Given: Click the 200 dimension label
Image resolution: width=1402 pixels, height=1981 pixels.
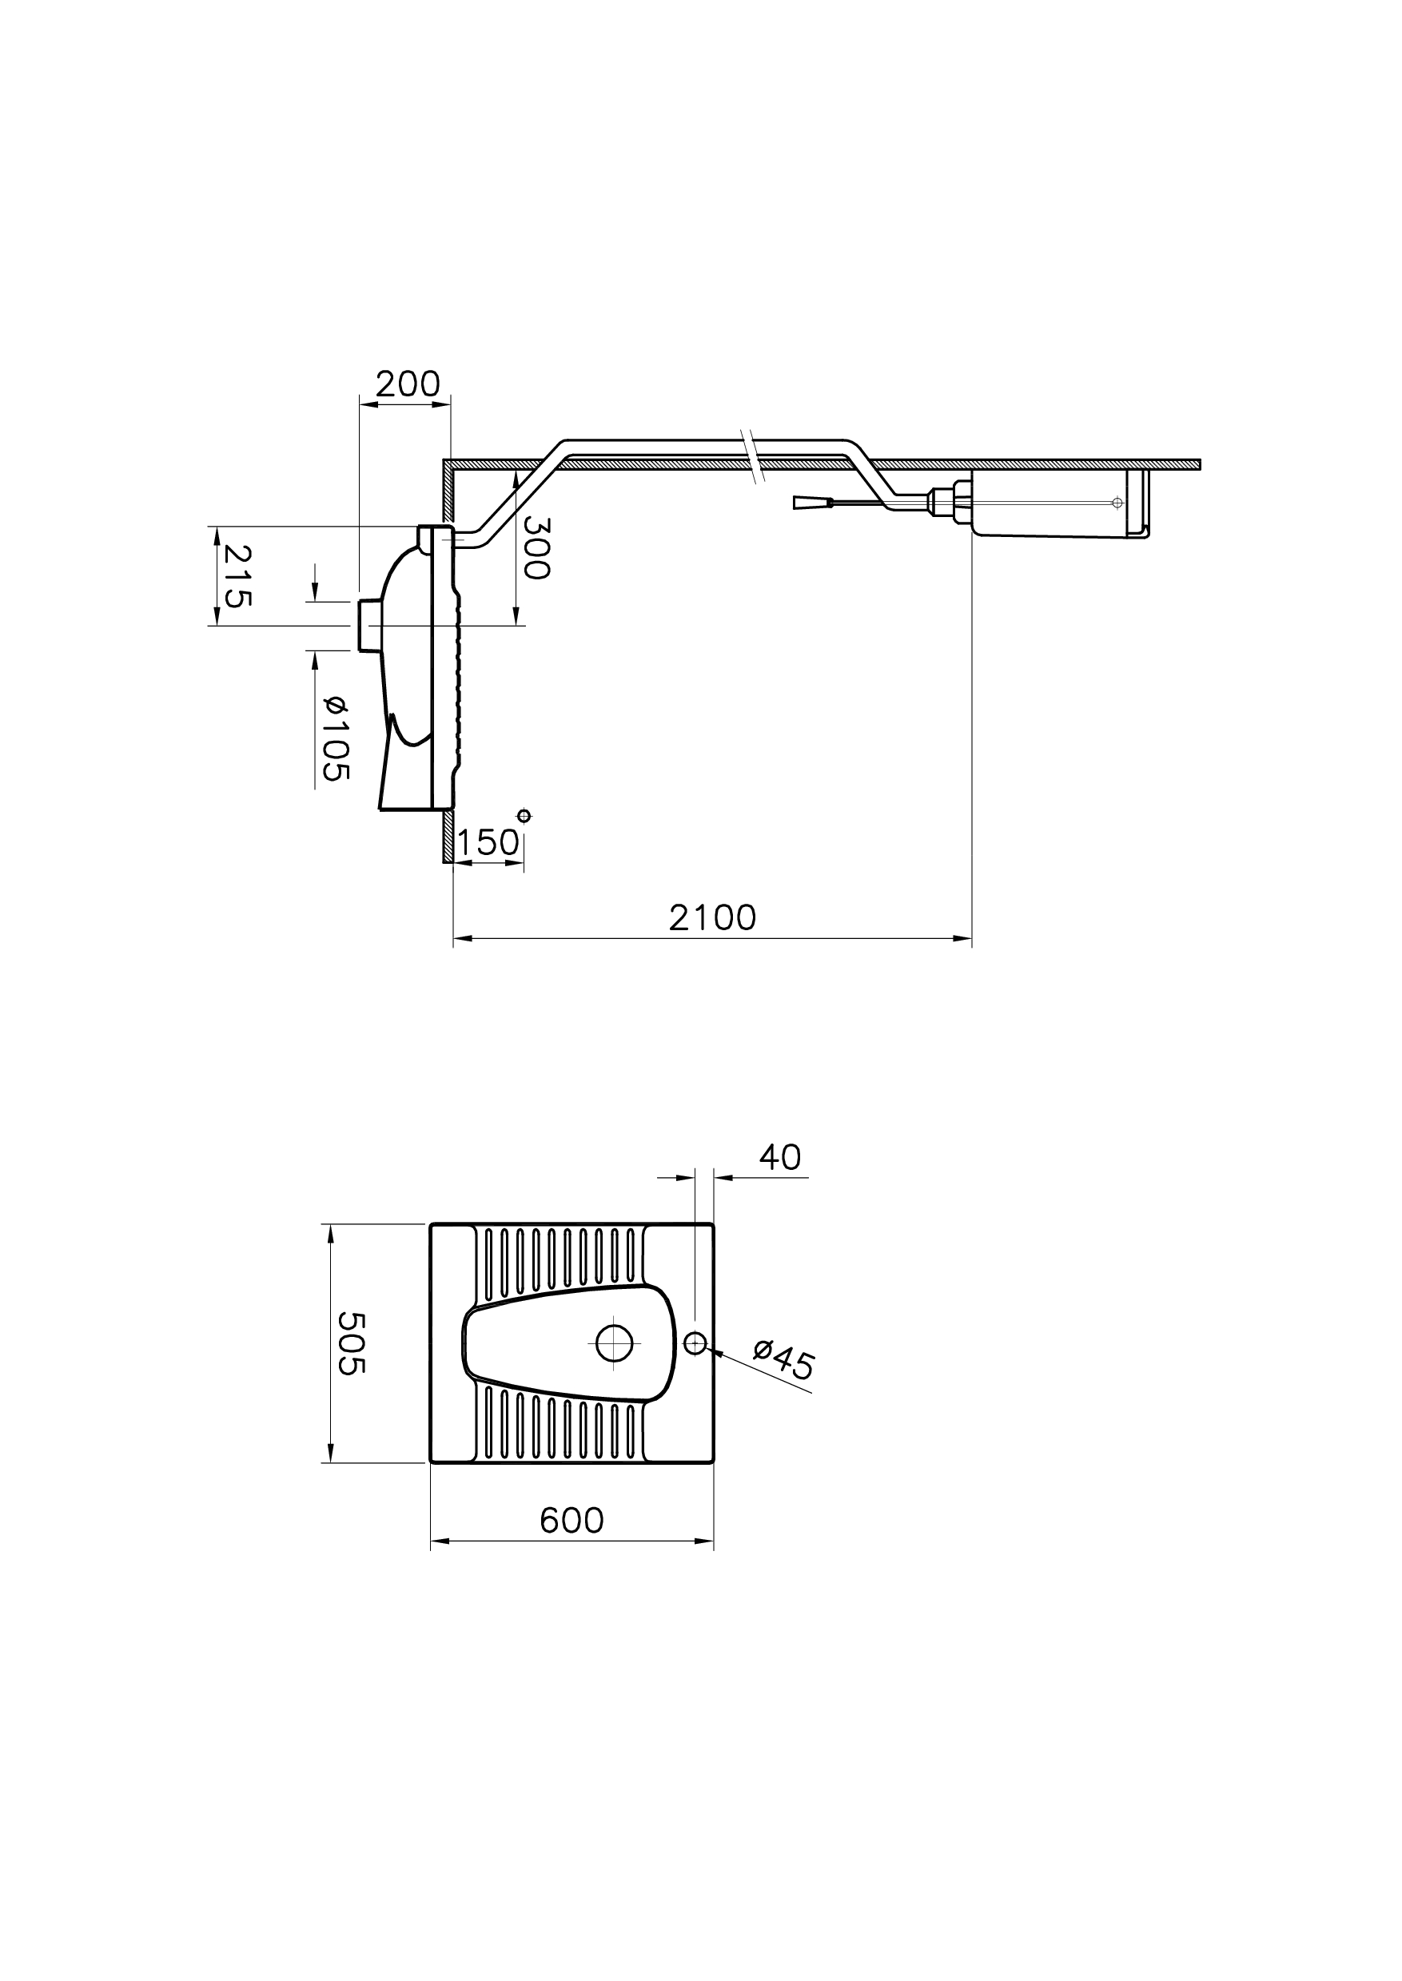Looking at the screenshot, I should [x=408, y=384].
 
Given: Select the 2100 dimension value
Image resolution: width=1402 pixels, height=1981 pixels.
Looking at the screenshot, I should [x=712, y=918].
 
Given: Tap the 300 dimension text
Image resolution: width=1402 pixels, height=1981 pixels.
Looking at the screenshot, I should [x=536, y=548].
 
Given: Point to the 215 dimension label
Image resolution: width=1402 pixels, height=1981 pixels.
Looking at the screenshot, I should [x=234, y=575].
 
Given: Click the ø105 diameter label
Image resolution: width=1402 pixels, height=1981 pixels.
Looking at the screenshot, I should [x=335, y=738].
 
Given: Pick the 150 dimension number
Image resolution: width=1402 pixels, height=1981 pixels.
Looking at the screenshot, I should [x=488, y=843].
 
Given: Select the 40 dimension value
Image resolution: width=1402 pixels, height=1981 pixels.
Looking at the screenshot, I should [x=779, y=1158].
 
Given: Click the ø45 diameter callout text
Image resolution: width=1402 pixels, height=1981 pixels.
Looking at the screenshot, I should [x=784, y=1361].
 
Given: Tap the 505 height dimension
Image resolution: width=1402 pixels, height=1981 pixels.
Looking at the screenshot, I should [x=352, y=1343].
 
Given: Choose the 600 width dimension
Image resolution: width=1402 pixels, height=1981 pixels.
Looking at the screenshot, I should [x=572, y=1520].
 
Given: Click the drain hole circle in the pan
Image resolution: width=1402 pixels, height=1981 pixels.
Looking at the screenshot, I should [x=614, y=1343].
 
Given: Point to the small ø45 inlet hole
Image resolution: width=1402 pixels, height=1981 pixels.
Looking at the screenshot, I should [x=695, y=1343].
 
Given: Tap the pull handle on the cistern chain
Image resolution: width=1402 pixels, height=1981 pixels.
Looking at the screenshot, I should [x=811, y=503].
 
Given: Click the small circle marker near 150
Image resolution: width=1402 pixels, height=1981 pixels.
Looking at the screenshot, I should [x=524, y=816].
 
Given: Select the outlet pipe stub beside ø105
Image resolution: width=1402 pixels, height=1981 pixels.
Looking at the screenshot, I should [x=368, y=625].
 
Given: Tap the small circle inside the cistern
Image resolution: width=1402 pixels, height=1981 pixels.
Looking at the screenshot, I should [x=1117, y=503].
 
